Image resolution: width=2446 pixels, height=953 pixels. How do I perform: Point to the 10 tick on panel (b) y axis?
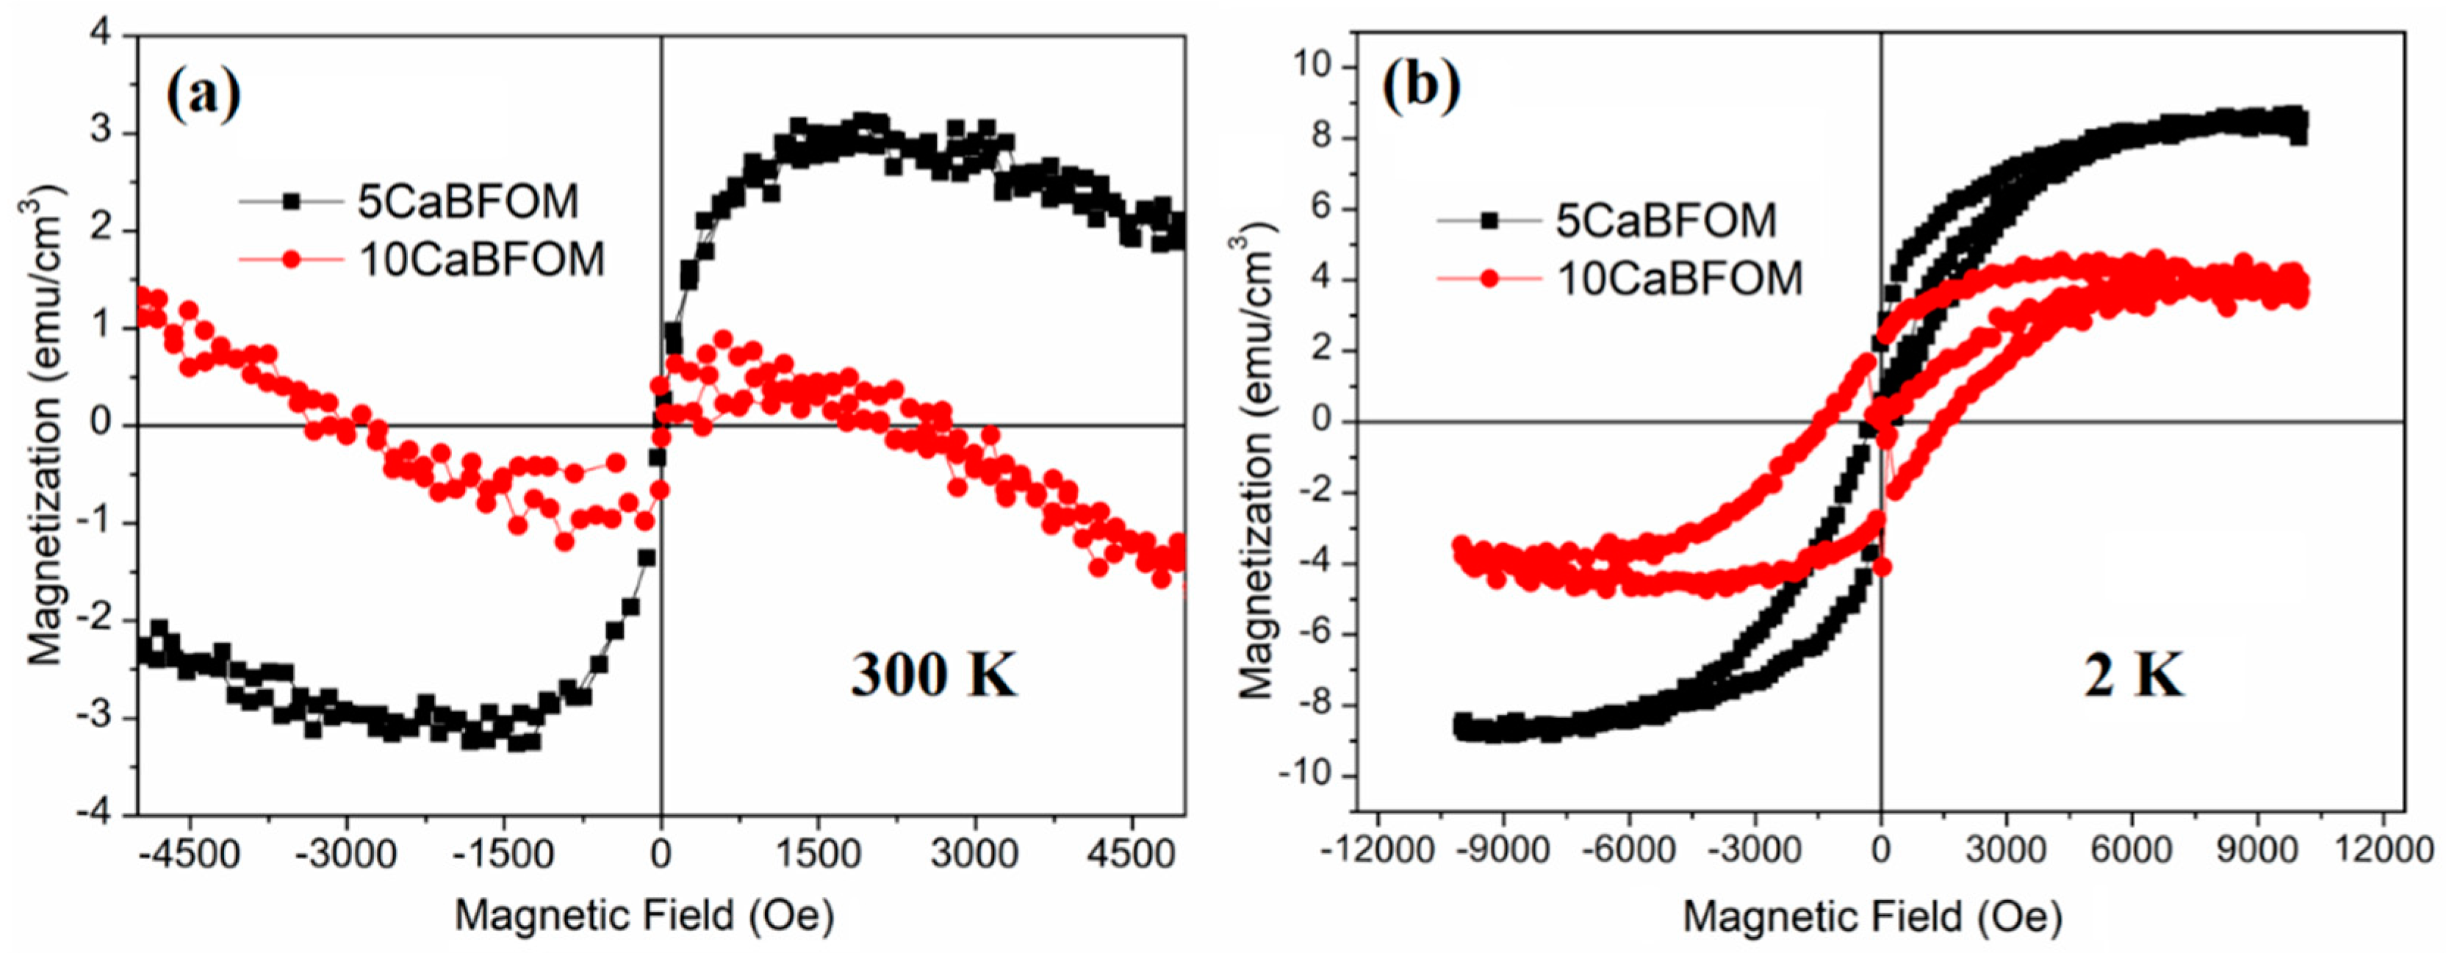[1318, 66]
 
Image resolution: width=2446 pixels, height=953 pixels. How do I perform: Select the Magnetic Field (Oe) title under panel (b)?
[1872, 917]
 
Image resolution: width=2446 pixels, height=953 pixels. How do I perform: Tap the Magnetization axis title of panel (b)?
[1257, 465]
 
